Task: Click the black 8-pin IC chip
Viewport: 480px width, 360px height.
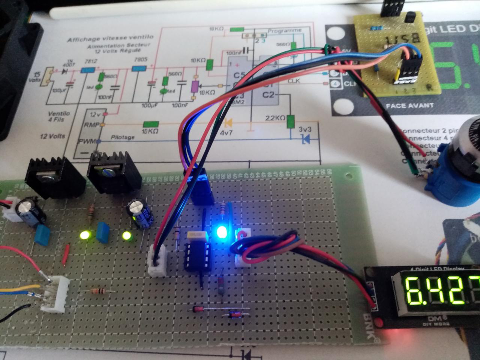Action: tap(196, 255)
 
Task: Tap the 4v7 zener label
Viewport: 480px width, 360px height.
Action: tap(226, 132)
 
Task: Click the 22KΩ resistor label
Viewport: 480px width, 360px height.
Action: tap(275, 118)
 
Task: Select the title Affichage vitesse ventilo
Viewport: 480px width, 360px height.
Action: tap(110, 38)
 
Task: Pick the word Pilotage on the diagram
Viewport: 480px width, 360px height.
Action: tap(123, 138)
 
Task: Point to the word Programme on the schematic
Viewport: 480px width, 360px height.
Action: tap(285, 30)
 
